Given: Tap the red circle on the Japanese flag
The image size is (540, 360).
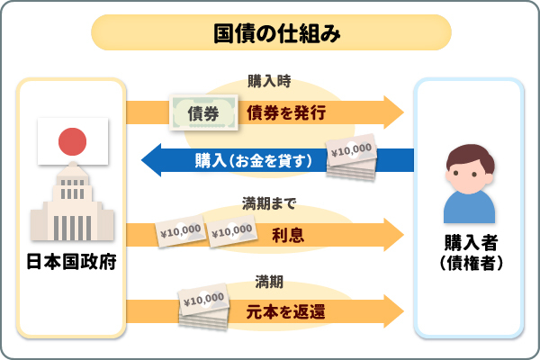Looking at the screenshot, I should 71,140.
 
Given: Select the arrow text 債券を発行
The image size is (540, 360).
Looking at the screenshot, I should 285,112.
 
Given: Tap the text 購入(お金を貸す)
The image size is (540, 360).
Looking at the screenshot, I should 254,162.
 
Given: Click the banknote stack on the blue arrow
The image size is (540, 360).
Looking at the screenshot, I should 353,157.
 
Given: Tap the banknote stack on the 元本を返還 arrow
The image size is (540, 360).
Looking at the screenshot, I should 203,306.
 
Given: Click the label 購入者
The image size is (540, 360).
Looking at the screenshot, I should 469,243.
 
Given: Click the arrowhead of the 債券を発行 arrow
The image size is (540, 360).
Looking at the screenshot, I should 393,112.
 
